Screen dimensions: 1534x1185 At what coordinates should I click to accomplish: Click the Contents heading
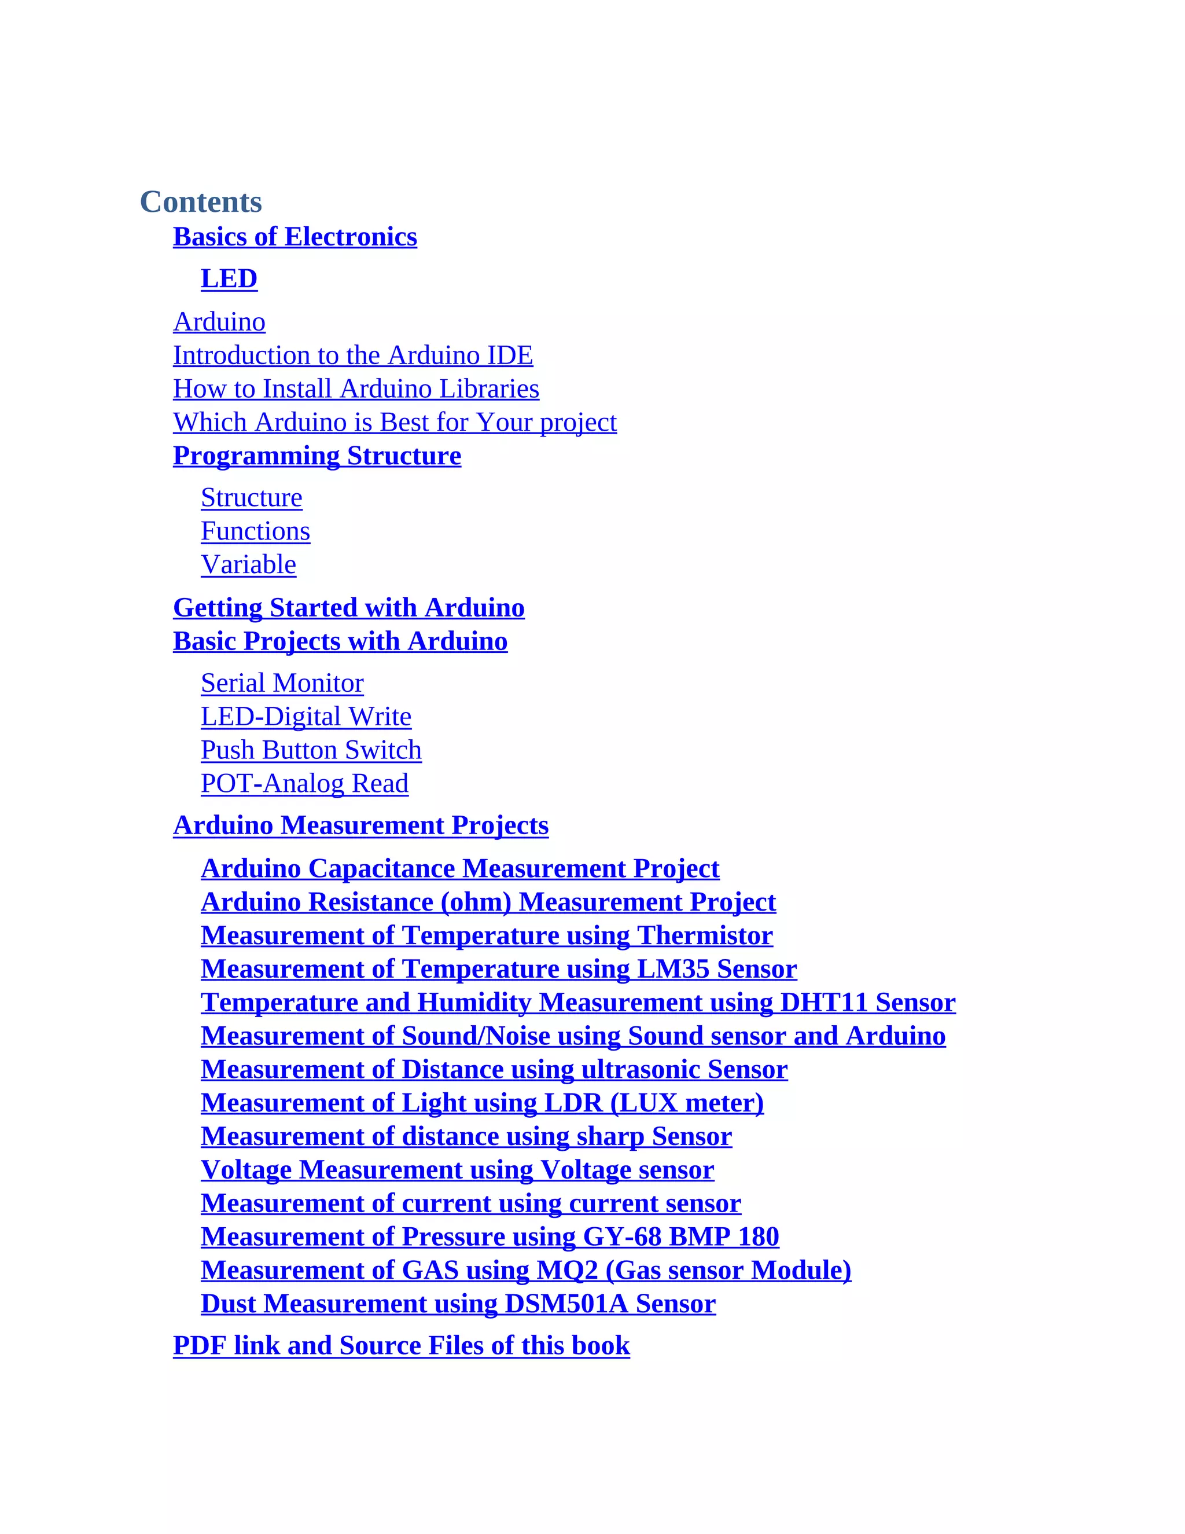201,202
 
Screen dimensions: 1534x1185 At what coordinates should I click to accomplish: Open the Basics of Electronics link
295,237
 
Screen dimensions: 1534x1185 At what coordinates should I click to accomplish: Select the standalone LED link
229,279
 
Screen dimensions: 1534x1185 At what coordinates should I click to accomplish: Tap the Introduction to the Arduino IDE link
352,355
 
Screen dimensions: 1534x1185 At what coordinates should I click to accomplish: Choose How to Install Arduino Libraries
356,389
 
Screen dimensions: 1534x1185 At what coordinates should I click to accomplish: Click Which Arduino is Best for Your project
395,423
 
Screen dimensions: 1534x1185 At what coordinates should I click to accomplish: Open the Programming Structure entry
317,456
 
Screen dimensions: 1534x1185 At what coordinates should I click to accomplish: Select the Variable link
248,566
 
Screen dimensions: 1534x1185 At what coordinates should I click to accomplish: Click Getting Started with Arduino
348,608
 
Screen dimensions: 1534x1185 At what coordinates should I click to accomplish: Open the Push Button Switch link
311,750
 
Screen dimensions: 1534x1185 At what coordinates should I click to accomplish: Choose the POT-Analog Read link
304,784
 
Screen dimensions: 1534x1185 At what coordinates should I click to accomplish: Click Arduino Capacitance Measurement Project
460,869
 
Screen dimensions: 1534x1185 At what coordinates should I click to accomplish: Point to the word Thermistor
705,936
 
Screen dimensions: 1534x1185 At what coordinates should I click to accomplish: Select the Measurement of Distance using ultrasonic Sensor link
494,1070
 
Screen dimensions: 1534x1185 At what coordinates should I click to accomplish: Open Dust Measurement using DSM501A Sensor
458,1304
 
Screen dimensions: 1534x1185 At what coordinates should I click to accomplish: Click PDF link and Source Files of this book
401,1346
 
